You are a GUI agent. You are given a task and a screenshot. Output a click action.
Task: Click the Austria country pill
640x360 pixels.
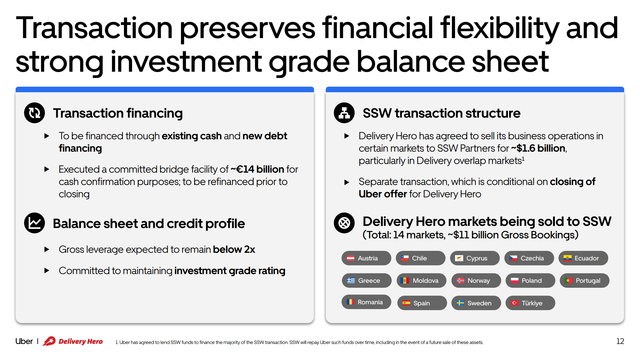point(366,258)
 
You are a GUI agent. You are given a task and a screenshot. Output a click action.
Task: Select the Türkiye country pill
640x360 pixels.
point(530,303)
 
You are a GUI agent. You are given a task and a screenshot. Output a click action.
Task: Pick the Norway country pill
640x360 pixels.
point(476,281)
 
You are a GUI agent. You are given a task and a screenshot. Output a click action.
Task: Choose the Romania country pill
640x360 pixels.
point(366,302)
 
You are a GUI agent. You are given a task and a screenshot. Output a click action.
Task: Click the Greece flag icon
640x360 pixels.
point(351,281)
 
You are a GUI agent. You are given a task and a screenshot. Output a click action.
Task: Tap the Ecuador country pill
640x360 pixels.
point(583,258)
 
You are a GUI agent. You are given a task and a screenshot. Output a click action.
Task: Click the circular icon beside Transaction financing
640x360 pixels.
point(34,113)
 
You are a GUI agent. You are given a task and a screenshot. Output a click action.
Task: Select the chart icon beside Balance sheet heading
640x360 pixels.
point(34,223)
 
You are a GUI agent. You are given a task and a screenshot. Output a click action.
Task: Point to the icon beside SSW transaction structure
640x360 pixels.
point(344,113)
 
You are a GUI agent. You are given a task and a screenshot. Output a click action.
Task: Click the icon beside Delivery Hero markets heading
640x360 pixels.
point(344,223)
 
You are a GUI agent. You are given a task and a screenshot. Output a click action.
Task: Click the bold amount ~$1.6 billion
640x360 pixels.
point(538,148)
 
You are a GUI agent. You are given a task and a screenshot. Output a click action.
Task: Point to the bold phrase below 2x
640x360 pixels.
point(234,249)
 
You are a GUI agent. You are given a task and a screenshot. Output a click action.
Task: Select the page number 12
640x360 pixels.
point(620,341)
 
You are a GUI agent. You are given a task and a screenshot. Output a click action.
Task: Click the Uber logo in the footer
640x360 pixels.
point(24,341)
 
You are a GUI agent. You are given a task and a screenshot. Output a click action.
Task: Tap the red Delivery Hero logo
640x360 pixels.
point(73,341)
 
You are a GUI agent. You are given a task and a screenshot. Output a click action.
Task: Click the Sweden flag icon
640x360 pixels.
point(460,303)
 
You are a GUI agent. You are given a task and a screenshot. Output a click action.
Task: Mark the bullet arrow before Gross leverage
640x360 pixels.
point(47,249)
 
